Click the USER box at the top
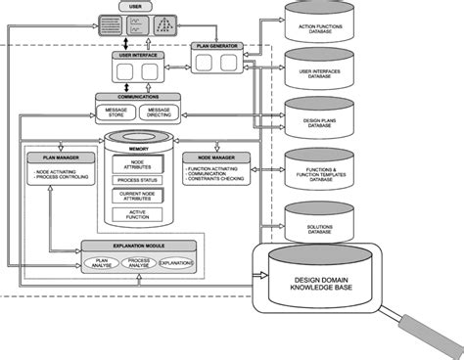[x=136, y=8]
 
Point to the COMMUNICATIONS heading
[x=139, y=98]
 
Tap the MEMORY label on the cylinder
[x=139, y=147]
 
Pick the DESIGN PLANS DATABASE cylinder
[x=320, y=118]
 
